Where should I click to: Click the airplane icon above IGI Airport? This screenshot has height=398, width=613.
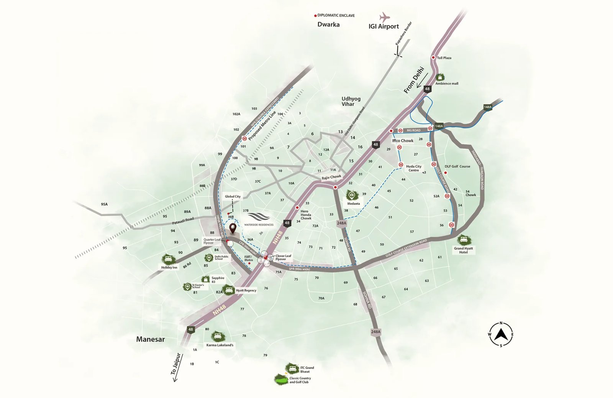(384, 17)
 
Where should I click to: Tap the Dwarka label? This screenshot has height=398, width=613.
(328, 24)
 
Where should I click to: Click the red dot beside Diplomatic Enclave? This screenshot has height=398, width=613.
(315, 16)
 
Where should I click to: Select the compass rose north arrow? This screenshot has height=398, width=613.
(501, 334)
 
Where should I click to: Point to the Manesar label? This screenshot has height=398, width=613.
(151, 339)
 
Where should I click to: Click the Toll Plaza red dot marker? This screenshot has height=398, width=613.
(433, 58)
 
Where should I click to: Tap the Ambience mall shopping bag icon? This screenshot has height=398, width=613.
(440, 77)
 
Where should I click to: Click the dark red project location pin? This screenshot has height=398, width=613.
(233, 229)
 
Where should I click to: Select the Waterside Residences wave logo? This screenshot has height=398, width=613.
(259, 217)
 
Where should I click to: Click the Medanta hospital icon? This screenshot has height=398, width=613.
(351, 196)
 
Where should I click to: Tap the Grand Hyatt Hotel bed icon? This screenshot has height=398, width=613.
(464, 240)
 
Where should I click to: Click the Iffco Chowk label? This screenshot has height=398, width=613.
(403, 141)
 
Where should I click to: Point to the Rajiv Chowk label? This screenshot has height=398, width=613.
(331, 177)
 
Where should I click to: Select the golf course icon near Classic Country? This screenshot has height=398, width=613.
(282, 380)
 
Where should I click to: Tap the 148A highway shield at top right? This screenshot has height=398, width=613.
(487, 107)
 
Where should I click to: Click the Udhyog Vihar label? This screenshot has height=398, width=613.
(351, 101)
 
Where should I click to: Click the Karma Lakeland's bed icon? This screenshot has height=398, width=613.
(218, 337)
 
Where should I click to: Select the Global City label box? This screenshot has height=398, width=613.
(233, 197)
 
